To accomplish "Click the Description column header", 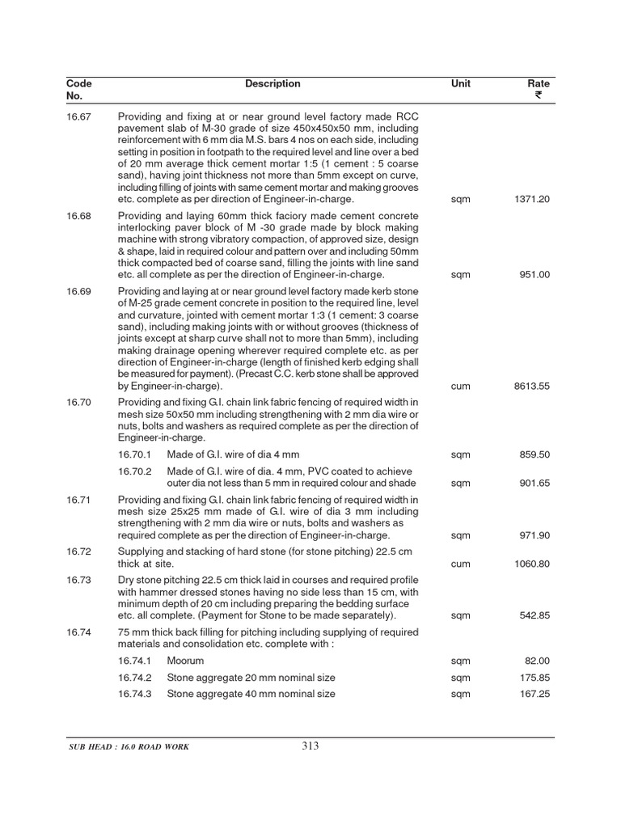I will pos(272,84).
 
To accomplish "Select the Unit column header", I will pos(461,84).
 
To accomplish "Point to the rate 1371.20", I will pos(532,199).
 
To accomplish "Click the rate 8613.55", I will pos(532,387).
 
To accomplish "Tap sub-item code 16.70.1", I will pos(135,455).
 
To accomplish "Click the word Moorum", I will pos(185,661).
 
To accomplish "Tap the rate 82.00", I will pos(539,661).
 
